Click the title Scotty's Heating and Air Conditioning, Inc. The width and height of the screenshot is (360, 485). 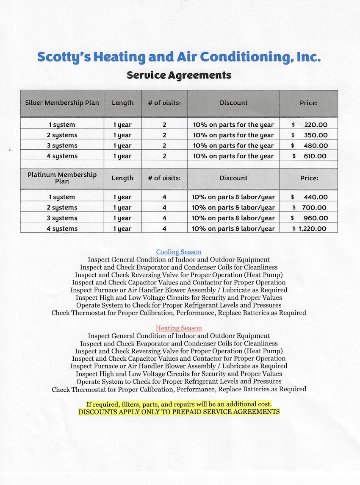pyautogui.click(x=179, y=57)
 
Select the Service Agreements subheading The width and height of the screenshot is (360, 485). pyautogui.click(x=179, y=75)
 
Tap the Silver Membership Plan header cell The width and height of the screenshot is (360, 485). pyautogui.click(x=62, y=103)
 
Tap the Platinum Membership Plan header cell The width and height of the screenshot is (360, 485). pyautogui.click(x=62, y=178)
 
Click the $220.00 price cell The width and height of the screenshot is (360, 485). pyautogui.click(x=309, y=125)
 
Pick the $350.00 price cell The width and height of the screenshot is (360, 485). pyautogui.click(x=309, y=135)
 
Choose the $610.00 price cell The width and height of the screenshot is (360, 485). pyautogui.click(x=309, y=156)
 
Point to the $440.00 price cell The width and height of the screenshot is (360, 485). pyautogui.click(x=309, y=197)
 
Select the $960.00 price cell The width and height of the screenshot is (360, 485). pyautogui.click(x=309, y=218)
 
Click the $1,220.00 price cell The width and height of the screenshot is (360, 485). pyautogui.click(x=309, y=229)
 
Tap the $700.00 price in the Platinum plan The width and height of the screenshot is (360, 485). pyautogui.click(x=309, y=208)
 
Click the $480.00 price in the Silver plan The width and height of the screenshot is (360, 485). pyautogui.click(x=309, y=146)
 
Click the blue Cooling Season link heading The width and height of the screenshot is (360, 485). pyautogui.click(x=179, y=252)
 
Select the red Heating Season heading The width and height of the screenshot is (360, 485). pyautogui.click(x=179, y=328)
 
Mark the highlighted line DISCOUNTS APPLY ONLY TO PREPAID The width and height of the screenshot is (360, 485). pyautogui.click(x=179, y=412)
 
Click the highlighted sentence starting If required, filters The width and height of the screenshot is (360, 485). pyautogui.click(x=179, y=404)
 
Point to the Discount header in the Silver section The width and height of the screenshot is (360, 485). pyautogui.click(x=233, y=103)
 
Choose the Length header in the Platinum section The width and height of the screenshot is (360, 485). pyautogui.click(x=122, y=178)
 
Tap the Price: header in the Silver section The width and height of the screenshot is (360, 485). pyautogui.click(x=309, y=103)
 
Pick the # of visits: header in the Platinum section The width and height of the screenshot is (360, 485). pyautogui.click(x=164, y=178)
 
